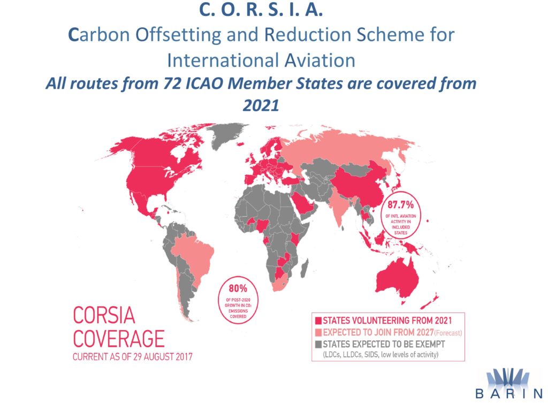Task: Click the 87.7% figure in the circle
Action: tap(400, 204)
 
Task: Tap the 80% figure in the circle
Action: tap(238, 288)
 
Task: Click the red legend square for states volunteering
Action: tap(318, 321)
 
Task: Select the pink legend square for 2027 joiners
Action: tap(318, 332)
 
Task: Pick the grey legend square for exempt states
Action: tap(318, 344)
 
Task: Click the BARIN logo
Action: tap(508, 384)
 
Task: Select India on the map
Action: tap(338, 206)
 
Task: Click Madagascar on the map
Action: tap(305, 268)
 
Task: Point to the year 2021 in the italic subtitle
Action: tap(261, 105)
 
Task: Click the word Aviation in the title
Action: tap(320, 60)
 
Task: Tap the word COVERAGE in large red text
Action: tap(119, 338)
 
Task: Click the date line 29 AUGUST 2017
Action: tap(163, 357)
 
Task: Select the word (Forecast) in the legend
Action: tap(448, 333)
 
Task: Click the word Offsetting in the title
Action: tap(178, 35)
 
